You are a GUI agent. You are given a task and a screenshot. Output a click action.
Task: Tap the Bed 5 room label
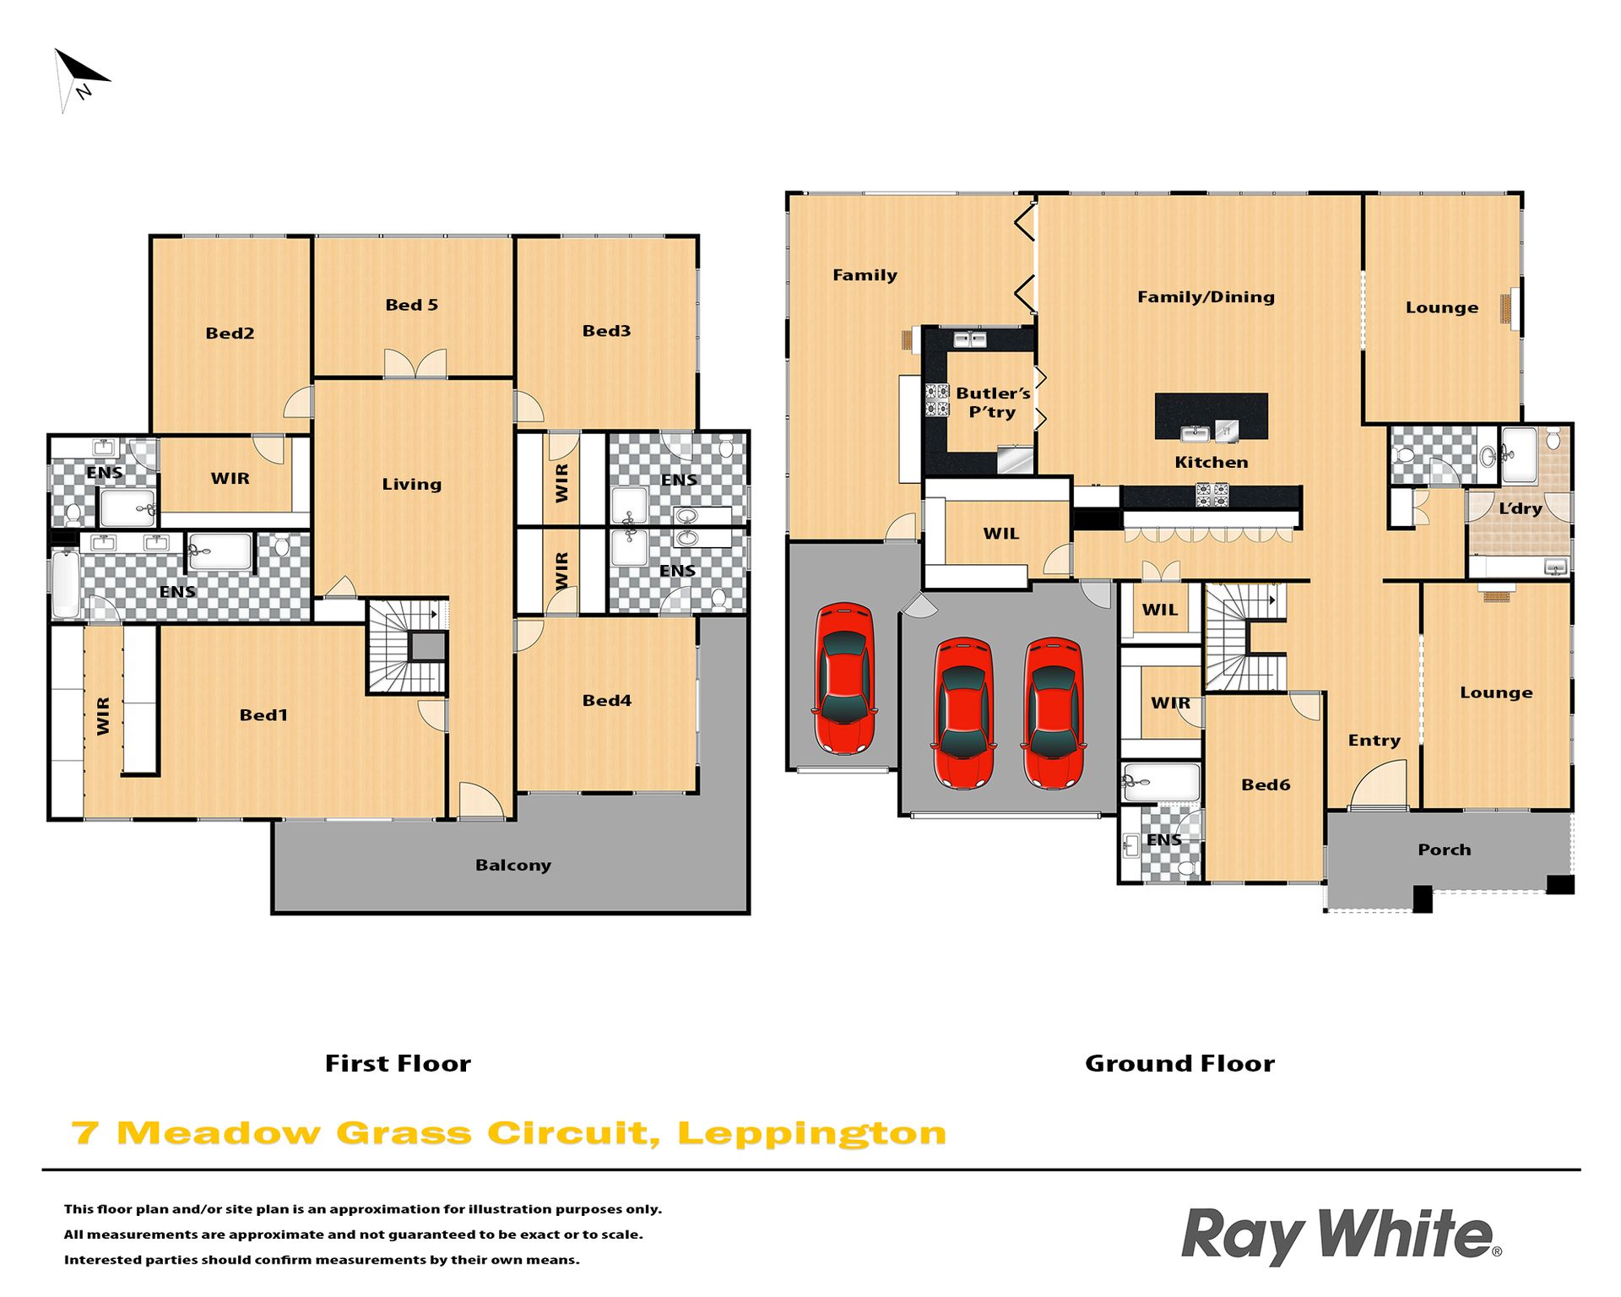pos(412,305)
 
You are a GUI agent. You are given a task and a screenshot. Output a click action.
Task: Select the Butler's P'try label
pos(993,403)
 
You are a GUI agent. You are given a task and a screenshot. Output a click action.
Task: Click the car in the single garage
pos(844,678)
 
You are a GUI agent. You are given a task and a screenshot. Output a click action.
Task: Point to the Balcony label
pos(513,865)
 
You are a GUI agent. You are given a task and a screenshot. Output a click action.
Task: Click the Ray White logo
pos(1342,1236)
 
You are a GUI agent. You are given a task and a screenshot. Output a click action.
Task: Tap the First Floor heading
pos(398,1063)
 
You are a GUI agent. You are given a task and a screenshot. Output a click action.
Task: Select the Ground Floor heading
pos(1179,1063)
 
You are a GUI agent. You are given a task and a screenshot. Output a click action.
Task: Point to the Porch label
pos(1445,849)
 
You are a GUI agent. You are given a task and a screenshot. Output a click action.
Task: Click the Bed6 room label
pos(1266,784)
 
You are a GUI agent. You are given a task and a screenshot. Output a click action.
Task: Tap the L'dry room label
pos(1521,508)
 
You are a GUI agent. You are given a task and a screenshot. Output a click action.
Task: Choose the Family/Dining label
pos(1206,296)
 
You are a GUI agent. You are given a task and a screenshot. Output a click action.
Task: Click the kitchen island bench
pos(1211,416)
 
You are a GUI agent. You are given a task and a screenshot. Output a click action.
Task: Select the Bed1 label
pos(263,715)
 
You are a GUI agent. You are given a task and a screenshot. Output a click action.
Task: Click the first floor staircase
pos(408,647)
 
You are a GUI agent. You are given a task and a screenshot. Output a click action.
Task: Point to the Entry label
pos(1374,741)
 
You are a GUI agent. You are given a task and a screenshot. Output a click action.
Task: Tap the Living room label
pos(411,484)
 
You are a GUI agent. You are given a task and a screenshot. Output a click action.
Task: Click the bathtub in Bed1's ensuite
pos(65,583)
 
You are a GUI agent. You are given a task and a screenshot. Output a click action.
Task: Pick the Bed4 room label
pos(607,700)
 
